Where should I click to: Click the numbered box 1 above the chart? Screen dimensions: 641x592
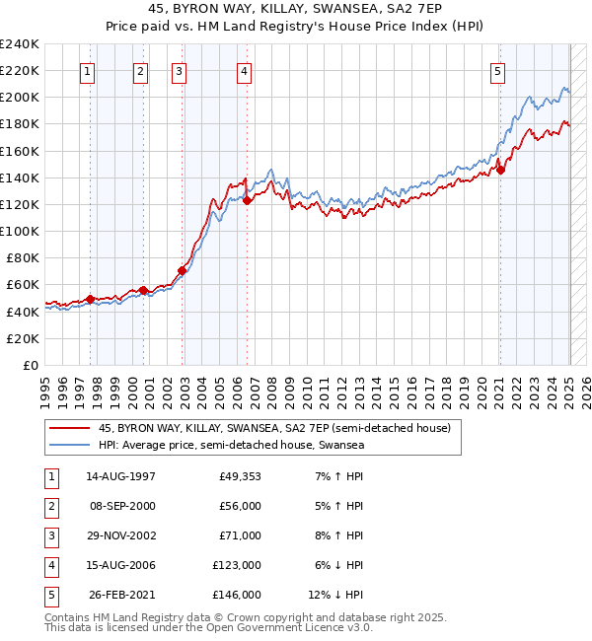pos(88,71)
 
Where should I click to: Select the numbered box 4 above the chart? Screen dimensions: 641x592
pos(243,71)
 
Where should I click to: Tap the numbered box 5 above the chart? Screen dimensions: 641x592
pos(497,71)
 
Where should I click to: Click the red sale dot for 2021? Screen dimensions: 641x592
pos(501,170)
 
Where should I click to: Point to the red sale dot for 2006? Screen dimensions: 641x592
pos(247,200)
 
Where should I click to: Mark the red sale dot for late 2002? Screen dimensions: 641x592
pos(183,270)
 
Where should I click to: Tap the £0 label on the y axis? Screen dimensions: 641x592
pos(31,365)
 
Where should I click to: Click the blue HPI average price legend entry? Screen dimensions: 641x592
pos(232,446)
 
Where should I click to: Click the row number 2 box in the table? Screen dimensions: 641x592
pos(50,506)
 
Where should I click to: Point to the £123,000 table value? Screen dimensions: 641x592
pos(238,565)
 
